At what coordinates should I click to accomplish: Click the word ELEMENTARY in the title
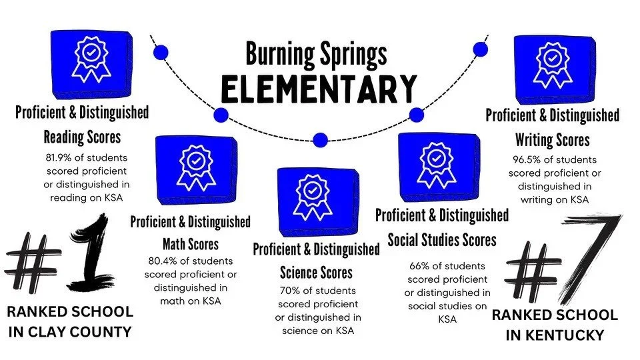coord(319,89)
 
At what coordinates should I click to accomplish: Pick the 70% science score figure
coord(288,291)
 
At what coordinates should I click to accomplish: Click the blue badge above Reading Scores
coord(88,63)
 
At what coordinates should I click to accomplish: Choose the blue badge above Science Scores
coord(312,201)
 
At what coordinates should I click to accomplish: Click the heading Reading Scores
coord(82,137)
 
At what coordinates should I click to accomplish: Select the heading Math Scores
coord(190,245)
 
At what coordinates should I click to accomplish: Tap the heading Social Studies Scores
coord(442,239)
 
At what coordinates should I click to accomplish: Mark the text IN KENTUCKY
coord(555,335)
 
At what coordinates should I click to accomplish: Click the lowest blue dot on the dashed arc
coord(320,139)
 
